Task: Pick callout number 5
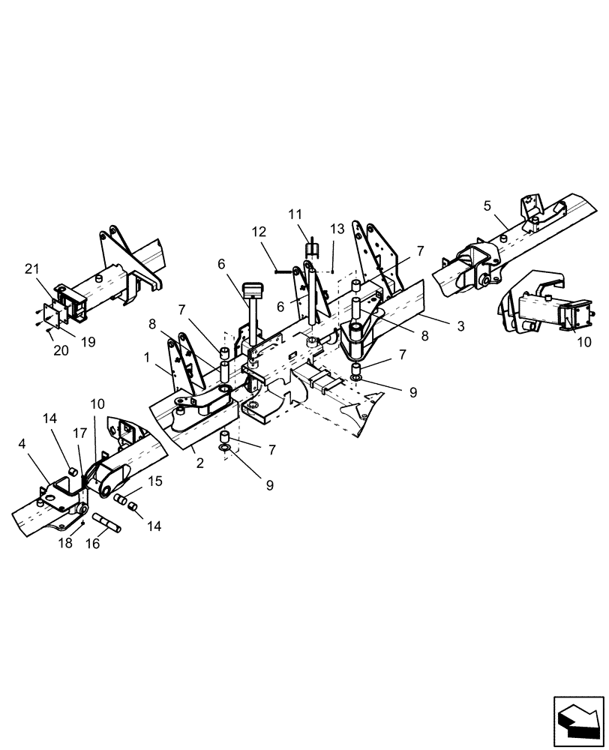pyautogui.click(x=487, y=205)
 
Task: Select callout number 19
pyautogui.click(x=88, y=342)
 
